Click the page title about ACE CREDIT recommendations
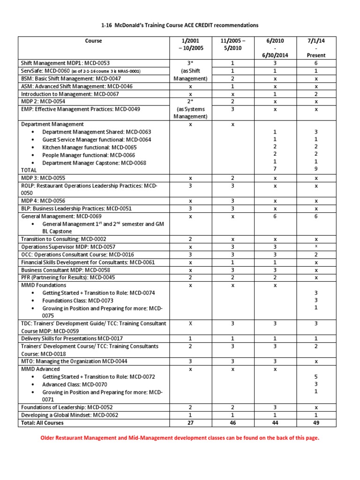click(x=180, y=25)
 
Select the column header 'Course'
click(x=93, y=41)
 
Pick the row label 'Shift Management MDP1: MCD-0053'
click(x=66, y=63)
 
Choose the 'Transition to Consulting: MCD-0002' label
click(x=64, y=239)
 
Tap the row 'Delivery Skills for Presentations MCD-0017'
click(x=72, y=338)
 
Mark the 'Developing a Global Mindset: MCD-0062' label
click(x=70, y=415)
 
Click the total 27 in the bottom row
click(x=190, y=423)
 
